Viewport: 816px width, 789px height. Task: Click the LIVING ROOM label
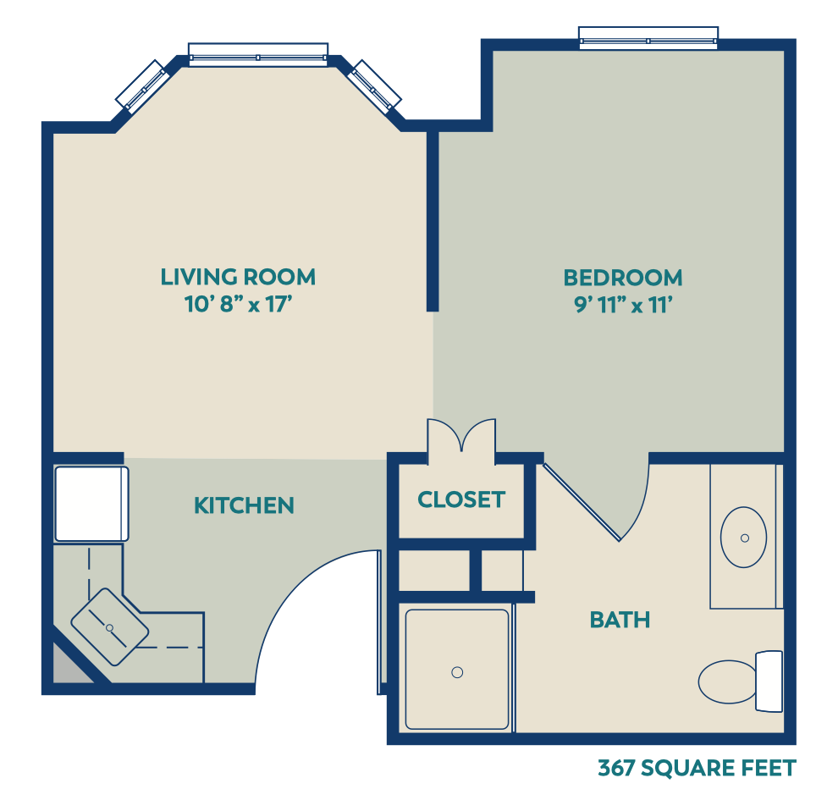point(238,277)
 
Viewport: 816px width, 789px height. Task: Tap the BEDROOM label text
point(623,278)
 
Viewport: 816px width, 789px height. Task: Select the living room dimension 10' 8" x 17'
point(238,304)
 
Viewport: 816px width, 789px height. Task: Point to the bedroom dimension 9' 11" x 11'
point(624,305)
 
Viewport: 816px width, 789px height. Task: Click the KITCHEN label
point(244,505)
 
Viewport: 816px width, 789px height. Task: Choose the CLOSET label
point(461,499)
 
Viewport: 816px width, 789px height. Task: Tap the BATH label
point(620,620)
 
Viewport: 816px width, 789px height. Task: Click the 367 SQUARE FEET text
point(697,768)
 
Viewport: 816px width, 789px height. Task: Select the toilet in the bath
point(741,681)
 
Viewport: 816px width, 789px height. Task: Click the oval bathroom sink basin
point(744,537)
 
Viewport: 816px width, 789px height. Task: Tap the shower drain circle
point(457,672)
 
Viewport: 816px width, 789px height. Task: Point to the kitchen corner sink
point(110,627)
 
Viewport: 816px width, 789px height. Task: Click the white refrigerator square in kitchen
point(91,504)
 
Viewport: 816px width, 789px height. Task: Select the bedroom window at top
point(648,38)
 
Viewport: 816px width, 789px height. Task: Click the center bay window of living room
point(258,54)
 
